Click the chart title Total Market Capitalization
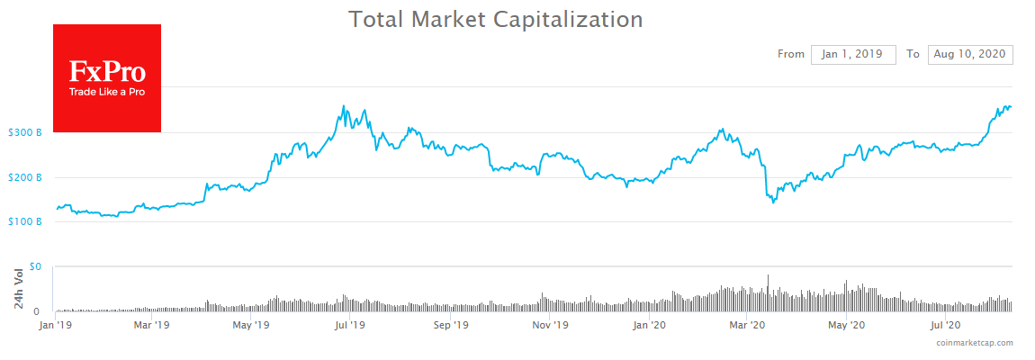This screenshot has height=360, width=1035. coord(496,19)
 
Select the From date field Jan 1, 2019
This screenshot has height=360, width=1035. coord(853,54)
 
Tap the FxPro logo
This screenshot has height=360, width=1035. coord(107,78)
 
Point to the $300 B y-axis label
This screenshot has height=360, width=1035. coord(24,133)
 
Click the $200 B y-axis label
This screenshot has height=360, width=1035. coord(24,177)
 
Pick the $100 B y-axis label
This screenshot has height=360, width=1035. coord(24,221)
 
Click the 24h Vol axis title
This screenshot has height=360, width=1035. coord(18,289)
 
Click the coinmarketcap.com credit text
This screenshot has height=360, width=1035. coord(974,343)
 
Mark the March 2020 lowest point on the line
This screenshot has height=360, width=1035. coord(773,202)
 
